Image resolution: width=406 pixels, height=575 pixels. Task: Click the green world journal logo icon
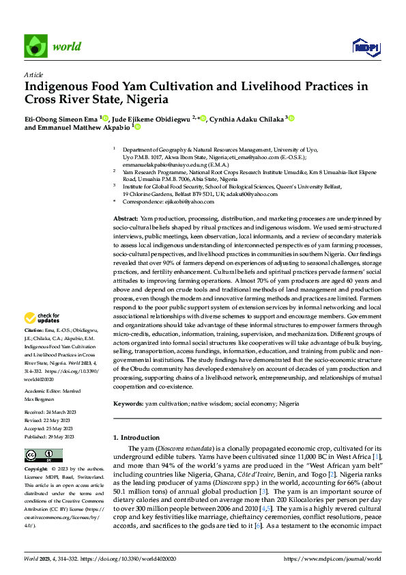point(35,45)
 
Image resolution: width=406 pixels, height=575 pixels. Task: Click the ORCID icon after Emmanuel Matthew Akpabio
point(137,127)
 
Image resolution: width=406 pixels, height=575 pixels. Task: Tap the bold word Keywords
point(128,404)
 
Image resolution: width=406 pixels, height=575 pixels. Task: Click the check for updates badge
point(42,318)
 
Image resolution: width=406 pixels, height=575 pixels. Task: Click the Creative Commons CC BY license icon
point(40,455)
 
